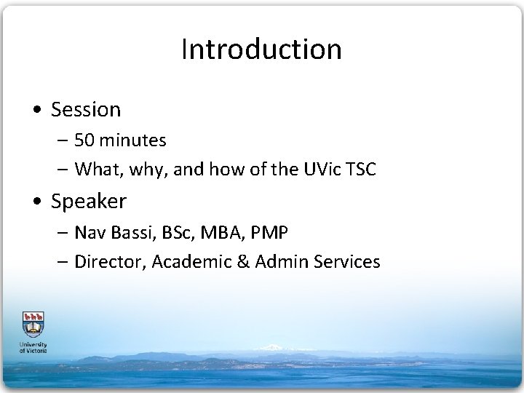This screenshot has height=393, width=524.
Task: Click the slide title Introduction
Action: pos(261,49)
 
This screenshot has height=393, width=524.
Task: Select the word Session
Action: pos(86,110)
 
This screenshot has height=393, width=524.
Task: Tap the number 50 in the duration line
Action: pos(84,140)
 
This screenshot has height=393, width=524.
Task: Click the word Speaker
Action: pos(89,200)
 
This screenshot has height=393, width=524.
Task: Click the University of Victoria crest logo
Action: pos(32,324)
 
